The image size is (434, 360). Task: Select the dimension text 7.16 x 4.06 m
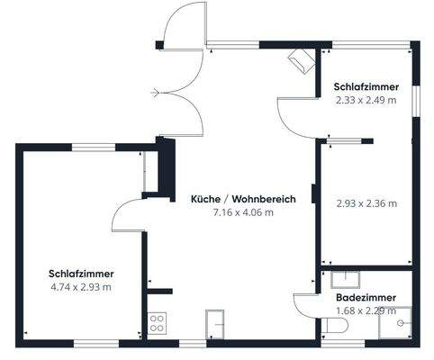(x=243, y=212)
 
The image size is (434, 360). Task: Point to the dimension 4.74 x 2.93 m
(x=81, y=287)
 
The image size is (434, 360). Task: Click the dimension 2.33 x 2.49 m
(x=366, y=100)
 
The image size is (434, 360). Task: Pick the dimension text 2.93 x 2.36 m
(x=366, y=202)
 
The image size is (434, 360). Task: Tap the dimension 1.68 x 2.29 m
(x=366, y=310)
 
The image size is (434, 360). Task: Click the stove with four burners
(x=158, y=322)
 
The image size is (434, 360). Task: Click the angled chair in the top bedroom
(x=301, y=61)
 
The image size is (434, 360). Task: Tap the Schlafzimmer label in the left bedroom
(x=81, y=274)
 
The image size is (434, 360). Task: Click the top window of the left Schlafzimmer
(x=88, y=147)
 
